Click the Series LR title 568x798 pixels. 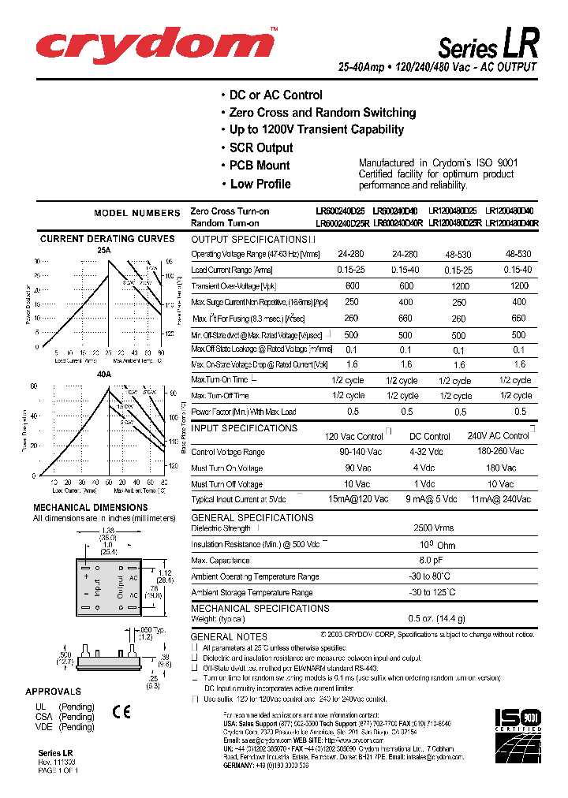tap(488, 43)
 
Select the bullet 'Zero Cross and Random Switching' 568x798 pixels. tap(322, 113)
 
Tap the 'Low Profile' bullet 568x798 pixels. tap(260, 184)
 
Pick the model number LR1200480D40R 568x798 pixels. tap(511, 223)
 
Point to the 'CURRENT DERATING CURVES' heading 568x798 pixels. tap(107, 238)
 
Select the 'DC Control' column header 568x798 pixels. tap(430, 436)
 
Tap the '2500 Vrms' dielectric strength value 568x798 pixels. tap(433, 528)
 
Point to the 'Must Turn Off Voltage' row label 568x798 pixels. tap(227, 484)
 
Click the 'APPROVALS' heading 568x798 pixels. tap(53, 692)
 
